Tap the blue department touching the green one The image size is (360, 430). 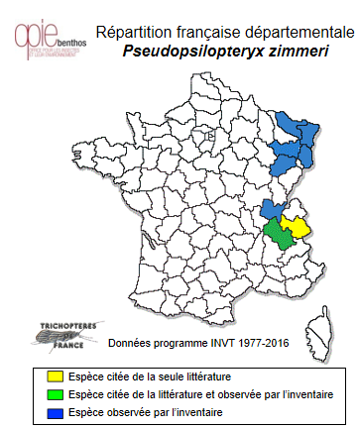(x=269, y=208)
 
